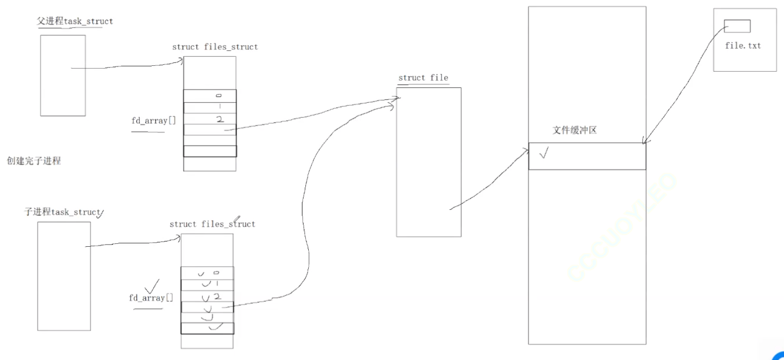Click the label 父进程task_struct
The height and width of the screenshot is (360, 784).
pos(75,21)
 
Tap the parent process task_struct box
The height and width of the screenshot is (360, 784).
pos(62,75)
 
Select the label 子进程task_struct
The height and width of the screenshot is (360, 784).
pos(62,212)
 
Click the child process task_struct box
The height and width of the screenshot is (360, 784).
pos(64,276)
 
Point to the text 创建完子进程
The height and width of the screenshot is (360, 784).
pos(34,161)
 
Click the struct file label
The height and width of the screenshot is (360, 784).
pos(423,78)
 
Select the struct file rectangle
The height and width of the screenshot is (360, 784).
pos(428,162)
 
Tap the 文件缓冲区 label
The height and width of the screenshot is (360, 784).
pos(574,131)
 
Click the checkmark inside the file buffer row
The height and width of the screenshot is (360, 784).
pos(543,154)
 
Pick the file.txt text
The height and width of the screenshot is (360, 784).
pos(743,45)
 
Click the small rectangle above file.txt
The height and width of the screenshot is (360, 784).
pos(737,26)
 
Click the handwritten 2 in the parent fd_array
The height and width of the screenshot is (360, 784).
pos(219,120)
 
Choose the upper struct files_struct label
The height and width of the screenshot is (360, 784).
pos(215,47)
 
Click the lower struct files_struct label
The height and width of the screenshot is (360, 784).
pos(212,224)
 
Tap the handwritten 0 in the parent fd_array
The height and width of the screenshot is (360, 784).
pos(219,95)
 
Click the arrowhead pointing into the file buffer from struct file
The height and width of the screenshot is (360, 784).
pos(526,151)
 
